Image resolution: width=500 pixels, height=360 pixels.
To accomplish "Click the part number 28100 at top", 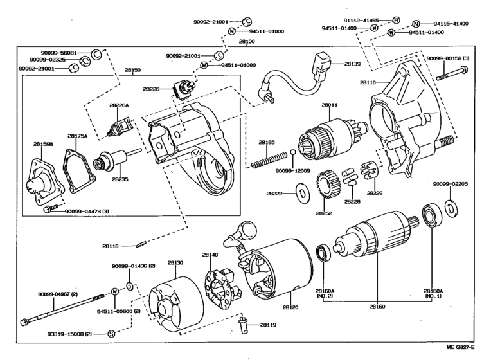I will (247, 42).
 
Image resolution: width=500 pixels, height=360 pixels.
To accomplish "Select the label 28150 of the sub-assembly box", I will (133, 69).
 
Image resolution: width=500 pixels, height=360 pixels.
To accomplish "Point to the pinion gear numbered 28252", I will (327, 183).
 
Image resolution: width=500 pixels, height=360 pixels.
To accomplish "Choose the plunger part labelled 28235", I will (109, 161).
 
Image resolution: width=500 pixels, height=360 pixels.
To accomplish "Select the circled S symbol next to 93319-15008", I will (111, 334).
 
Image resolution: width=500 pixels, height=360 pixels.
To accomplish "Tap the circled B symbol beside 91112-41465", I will (396, 20).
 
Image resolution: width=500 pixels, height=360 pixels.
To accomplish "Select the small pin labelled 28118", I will (143, 244).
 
